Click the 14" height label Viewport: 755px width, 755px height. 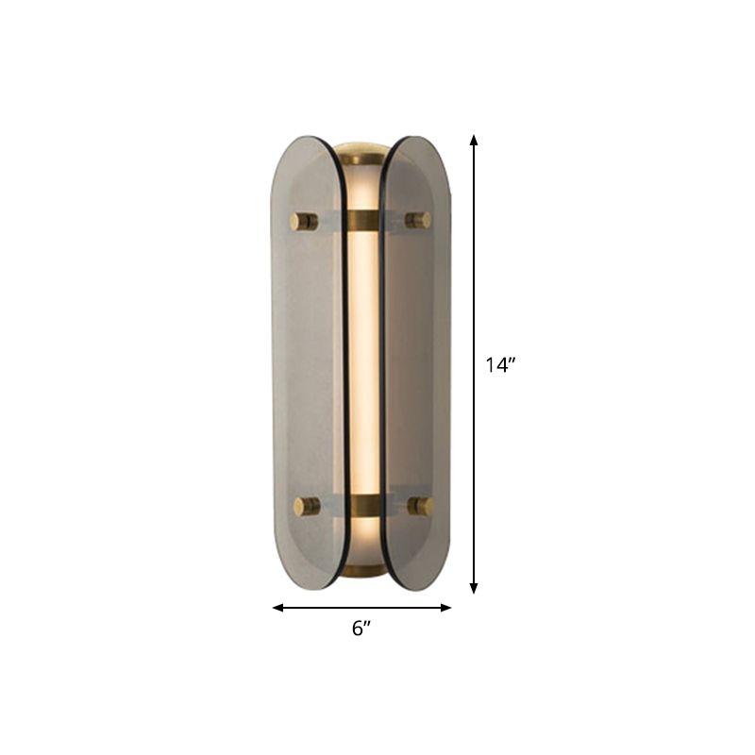coord(500,366)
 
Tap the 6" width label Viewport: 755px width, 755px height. coord(362,629)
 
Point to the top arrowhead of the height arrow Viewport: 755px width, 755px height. coord(474,140)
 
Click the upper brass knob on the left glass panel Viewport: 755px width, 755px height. coord(304,222)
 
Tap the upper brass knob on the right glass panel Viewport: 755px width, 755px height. coord(418,220)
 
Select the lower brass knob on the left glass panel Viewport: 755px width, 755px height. coord(304,507)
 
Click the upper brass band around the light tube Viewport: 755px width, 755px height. coord(362,221)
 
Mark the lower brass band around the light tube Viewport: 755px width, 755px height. coord(362,504)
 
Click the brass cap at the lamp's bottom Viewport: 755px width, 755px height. coord(362,574)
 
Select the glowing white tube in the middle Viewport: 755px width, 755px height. coord(362,363)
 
